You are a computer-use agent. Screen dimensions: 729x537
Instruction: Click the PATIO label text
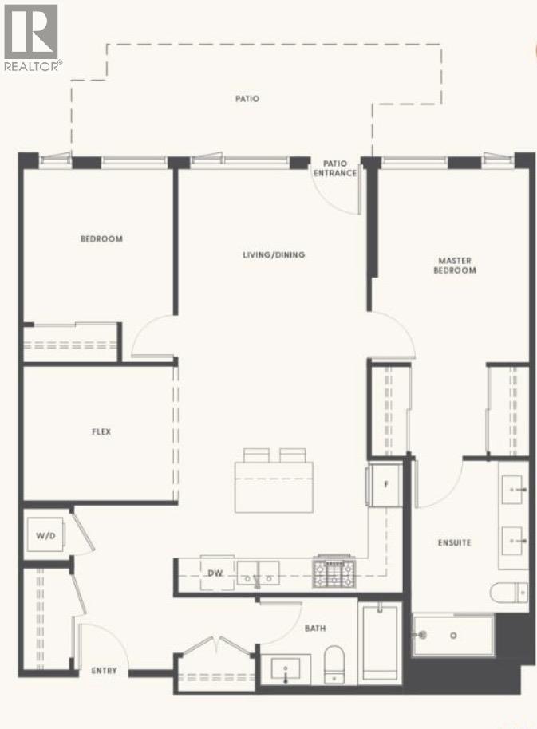click(247, 99)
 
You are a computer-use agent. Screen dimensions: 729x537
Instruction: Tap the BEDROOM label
click(101, 238)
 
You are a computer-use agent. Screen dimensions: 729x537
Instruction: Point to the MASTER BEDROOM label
click(456, 266)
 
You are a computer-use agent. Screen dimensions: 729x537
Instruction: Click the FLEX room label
click(101, 431)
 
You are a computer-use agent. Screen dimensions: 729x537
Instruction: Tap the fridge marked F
click(386, 483)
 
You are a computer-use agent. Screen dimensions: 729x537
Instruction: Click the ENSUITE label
click(454, 542)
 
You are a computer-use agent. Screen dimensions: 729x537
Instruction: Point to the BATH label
click(314, 629)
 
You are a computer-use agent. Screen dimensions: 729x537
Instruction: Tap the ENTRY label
click(104, 671)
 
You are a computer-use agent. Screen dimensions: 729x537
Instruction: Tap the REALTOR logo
click(31, 36)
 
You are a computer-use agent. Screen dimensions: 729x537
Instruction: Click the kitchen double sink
click(259, 572)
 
